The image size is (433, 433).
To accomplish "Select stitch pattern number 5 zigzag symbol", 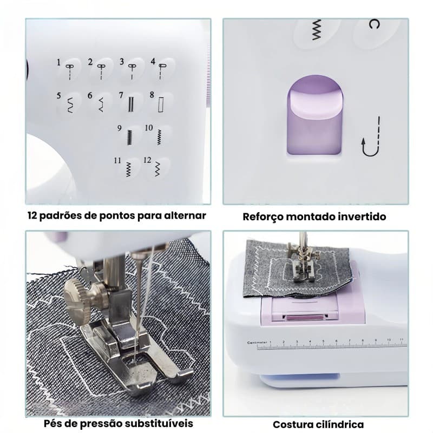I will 69,103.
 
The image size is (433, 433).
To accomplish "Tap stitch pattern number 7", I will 130,102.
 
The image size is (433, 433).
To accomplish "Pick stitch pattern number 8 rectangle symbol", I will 160,102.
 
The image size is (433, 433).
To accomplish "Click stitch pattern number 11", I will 128,169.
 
